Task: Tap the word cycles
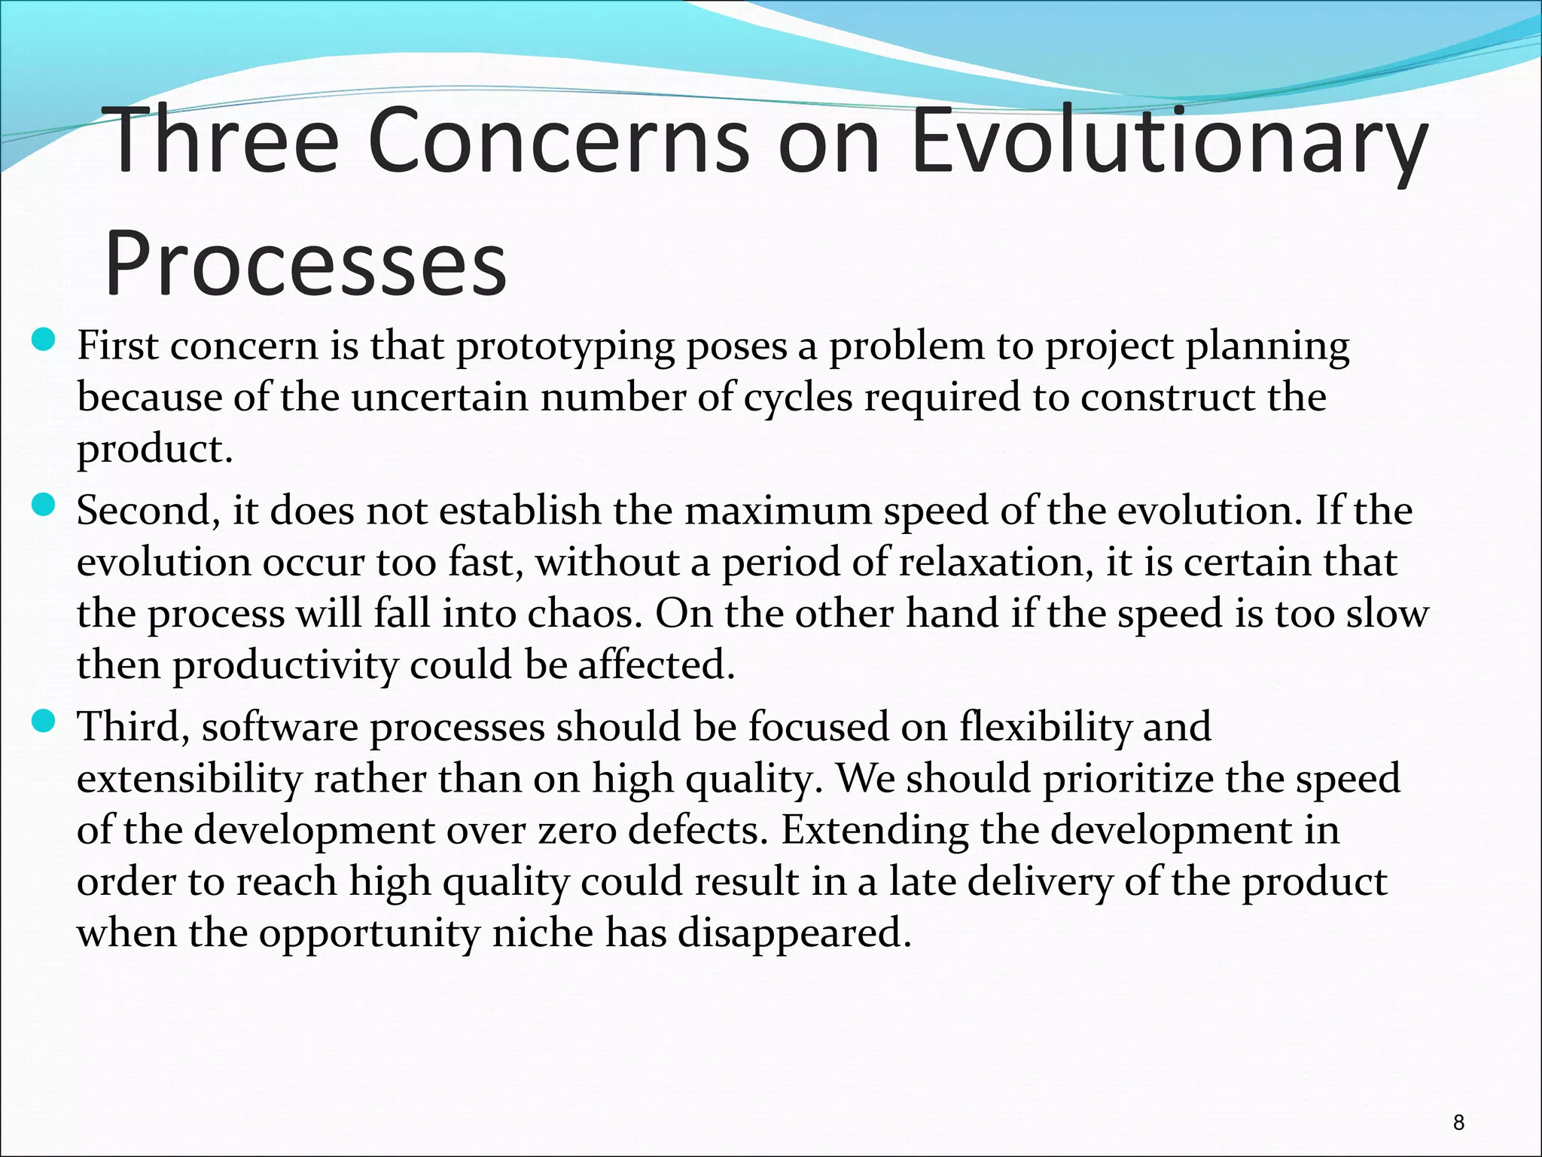(x=798, y=398)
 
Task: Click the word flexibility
(x=1045, y=728)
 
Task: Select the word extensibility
(x=189, y=779)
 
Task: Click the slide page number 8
(x=1458, y=1123)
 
